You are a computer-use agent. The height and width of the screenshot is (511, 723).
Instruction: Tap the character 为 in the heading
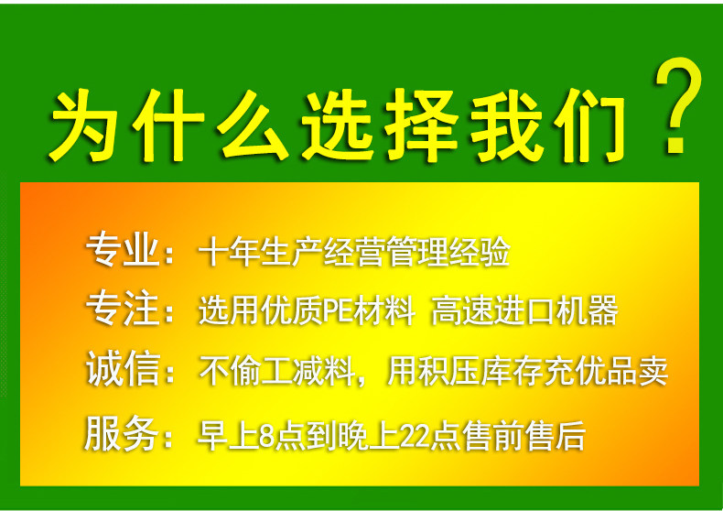[84, 125]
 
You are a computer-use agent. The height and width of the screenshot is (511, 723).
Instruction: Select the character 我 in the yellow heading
[506, 125]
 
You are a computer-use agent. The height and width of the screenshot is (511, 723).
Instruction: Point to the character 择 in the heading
[423, 125]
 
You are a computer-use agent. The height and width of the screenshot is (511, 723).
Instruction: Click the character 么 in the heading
[253, 125]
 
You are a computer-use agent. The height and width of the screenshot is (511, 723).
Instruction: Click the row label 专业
[123, 250]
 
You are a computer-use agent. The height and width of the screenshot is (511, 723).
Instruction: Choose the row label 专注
[123, 309]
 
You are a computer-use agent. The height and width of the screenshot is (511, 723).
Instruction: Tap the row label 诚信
[123, 369]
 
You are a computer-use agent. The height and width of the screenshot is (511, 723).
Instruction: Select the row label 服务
[122, 433]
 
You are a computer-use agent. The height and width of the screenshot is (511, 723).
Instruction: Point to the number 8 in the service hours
[266, 435]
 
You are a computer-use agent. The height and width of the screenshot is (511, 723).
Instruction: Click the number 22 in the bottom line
[415, 435]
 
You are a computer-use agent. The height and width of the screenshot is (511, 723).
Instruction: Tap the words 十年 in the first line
[229, 252]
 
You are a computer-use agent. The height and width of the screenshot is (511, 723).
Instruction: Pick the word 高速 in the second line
[462, 310]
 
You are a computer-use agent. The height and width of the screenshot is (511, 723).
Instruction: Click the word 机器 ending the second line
[587, 310]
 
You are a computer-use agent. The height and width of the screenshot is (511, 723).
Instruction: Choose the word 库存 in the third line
[512, 371]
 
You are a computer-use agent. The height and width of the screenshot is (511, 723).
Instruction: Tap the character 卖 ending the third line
[653, 371]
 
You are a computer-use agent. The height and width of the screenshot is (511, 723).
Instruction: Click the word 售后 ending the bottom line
[556, 435]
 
